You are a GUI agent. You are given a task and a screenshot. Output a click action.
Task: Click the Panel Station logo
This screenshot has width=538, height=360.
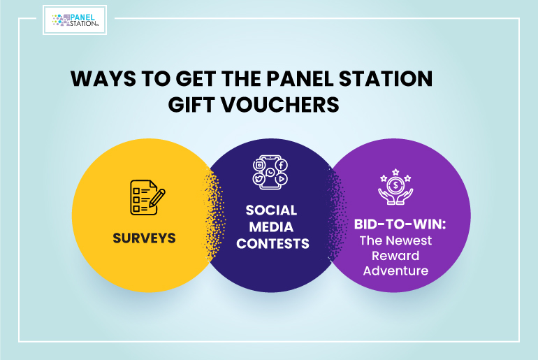coord(75,20)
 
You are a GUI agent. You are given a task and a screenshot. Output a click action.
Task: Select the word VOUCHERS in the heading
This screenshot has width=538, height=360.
coord(279,104)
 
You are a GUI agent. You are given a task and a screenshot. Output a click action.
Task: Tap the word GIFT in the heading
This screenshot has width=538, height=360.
coord(191,104)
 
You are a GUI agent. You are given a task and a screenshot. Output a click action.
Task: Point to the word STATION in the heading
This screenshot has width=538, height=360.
coord(386,78)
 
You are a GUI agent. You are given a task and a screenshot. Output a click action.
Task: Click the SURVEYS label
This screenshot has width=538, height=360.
coord(144,238)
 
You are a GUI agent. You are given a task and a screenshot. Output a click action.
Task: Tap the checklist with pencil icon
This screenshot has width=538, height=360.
coord(147,198)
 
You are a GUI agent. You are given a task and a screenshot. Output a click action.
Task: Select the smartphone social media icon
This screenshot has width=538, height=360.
coord(270,172)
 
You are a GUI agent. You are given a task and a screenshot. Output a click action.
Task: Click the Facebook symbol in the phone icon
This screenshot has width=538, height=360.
coord(282,165)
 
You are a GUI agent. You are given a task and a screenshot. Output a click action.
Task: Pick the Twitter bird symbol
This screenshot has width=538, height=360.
coord(259,179)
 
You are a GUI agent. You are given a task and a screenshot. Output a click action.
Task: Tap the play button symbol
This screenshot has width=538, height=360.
coord(282,179)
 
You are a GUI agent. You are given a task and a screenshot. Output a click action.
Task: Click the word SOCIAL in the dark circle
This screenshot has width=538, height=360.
coord(271,210)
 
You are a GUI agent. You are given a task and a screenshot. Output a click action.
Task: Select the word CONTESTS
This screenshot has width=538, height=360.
coord(272,244)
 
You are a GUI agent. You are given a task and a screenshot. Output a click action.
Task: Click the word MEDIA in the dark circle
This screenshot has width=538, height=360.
coord(271,227)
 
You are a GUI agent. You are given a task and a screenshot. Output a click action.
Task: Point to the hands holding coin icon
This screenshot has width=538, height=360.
coord(395,187)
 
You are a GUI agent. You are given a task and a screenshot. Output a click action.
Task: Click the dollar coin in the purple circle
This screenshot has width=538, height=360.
coord(395,186)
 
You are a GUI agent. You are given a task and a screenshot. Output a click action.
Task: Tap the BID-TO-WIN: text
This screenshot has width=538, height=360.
coord(400,224)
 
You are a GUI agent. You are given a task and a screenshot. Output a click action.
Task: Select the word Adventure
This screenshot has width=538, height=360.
coord(395,271)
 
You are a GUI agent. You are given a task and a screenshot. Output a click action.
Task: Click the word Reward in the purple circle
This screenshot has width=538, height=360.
coord(395,256)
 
